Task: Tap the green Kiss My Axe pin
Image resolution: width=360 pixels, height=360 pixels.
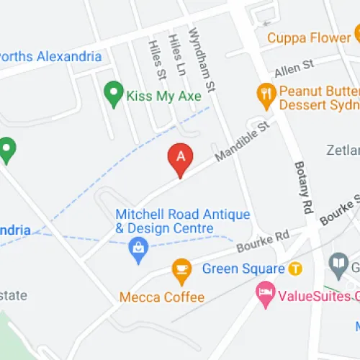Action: tap(112, 92)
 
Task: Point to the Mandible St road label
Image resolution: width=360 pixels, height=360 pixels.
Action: tap(242, 140)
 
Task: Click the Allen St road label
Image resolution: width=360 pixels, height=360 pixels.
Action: tap(294, 68)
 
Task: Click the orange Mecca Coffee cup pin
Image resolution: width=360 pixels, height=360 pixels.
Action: tap(181, 270)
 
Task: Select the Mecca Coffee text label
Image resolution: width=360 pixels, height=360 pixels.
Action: tap(162, 297)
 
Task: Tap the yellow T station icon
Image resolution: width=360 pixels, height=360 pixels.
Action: tap(294, 269)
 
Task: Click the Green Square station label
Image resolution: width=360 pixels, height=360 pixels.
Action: tap(243, 269)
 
